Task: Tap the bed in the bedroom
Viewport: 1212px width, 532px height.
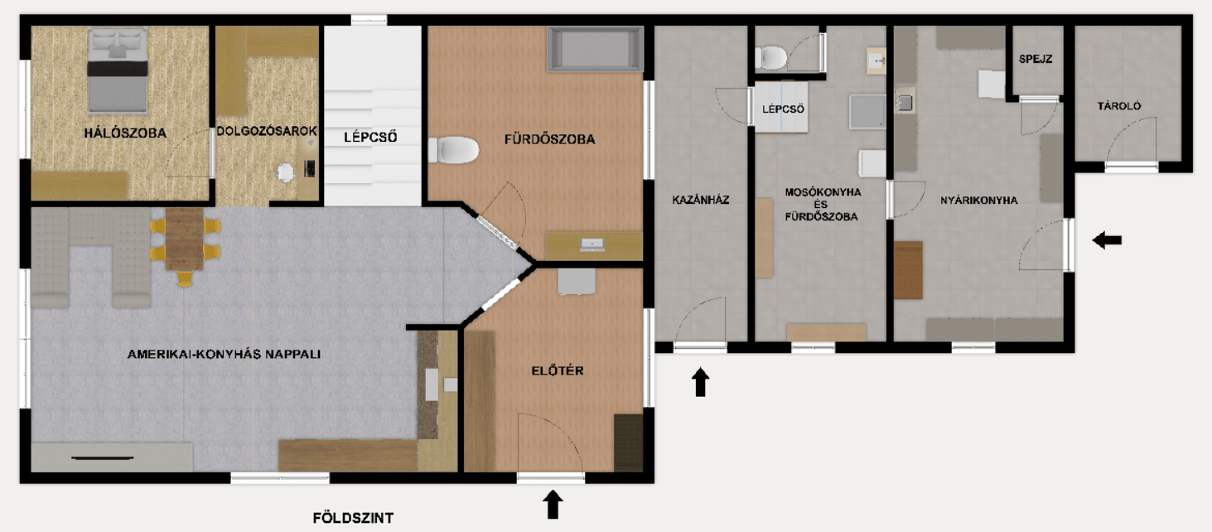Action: pos(118,70)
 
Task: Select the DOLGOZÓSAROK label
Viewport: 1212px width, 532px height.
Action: pos(267,131)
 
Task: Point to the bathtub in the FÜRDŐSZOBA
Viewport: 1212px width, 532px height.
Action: pos(595,49)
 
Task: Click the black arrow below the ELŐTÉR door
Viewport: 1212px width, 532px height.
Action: pos(553,504)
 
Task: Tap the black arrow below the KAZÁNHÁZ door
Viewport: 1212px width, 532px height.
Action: pos(701,382)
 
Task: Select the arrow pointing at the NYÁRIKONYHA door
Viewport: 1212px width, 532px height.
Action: pos(1107,240)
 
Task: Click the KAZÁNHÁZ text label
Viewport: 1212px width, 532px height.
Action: pos(701,200)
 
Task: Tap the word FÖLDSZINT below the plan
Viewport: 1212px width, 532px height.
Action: pos(348,519)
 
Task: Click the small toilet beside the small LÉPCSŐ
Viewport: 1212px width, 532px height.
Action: pos(771,57)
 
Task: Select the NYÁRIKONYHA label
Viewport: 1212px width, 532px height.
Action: pos(978,200)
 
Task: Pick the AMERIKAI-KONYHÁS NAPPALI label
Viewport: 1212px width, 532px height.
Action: pos(224,354)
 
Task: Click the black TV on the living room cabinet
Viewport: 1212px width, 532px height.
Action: pos(103,457)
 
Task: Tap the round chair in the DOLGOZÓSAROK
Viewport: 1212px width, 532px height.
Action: pos(287,172)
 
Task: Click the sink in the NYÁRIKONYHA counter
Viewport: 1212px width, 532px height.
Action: pos(905,103)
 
